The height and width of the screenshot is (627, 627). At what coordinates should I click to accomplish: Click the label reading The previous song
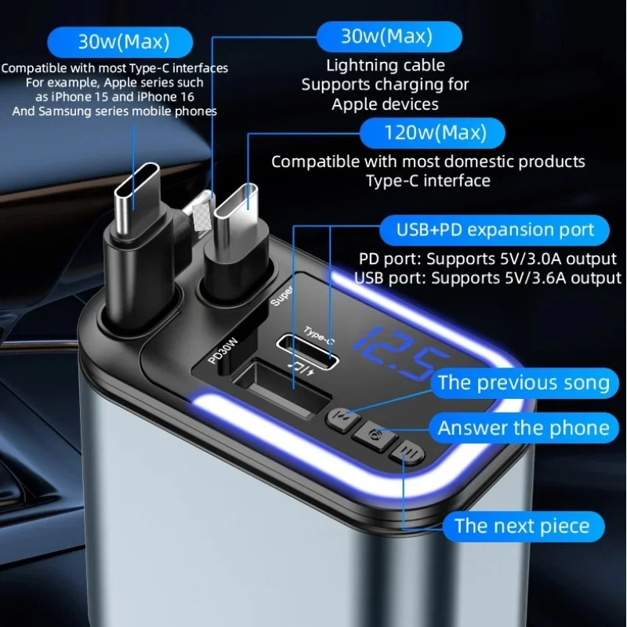click(x=523, y=383)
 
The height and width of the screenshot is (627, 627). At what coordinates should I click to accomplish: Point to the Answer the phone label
click(x=523, y=428)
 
